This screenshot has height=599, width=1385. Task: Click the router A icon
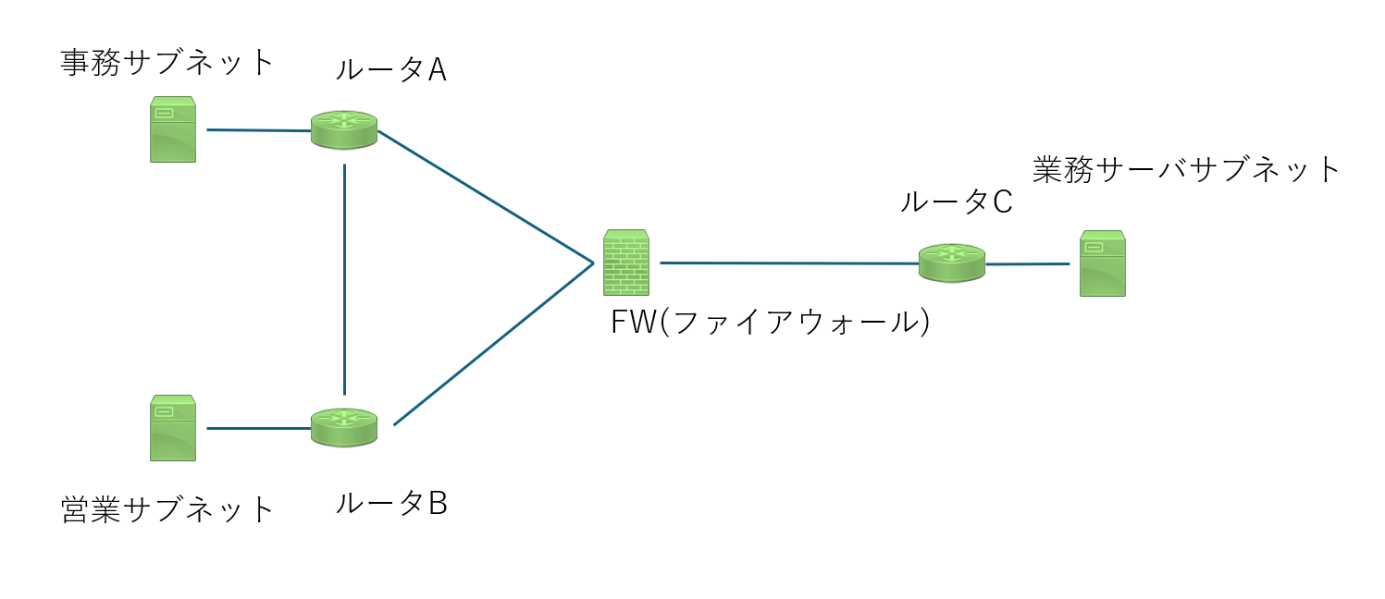pyautogui.click(x=344, y=129)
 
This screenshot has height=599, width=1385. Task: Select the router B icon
pyautogui.click(x=344, y=428)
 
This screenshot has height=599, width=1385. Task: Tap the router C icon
pyautogui.click(x=952, y=263)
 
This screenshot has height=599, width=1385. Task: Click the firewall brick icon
pyautogui.click(x=625, y=263)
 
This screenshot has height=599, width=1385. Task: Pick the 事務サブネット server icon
pyautogui.click(x=173, y=129)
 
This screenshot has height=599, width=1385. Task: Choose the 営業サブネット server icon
pyautogui.click(x=173, y=428)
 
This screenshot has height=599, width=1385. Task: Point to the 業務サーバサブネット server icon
pyautogui.click(x=1103, y=263)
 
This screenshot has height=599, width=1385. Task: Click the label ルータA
pyautogui.click(x=390, y=70)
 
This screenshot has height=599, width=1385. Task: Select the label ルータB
pyautogui.click(x=390, y=504)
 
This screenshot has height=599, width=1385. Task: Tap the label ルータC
pyautogui.click(x=957, y=202)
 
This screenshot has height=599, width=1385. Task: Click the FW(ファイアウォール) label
pyautogui.click(x=770, y=323)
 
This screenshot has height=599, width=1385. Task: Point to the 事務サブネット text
pyautogui.click(x=168, y=63)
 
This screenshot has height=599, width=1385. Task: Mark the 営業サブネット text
pyautogui.click(x=168, y=509)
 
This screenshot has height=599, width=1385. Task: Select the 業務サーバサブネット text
pyautogui.click(x=1186, y=170)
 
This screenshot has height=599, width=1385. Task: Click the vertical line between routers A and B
pyautogui.click(x=344, y=277)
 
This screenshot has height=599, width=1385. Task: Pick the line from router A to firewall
pyautogui.click(x=486, y=197)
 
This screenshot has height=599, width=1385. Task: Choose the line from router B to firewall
pyautogui.click(x=493, y=344)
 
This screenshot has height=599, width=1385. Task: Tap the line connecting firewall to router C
pyautogui.click(x=788, y=263)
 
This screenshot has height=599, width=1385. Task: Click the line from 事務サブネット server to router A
pyautogui.click(x=259, y=130)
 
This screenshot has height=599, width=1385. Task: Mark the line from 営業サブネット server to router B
pyautogui.click(x=259, y=429)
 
